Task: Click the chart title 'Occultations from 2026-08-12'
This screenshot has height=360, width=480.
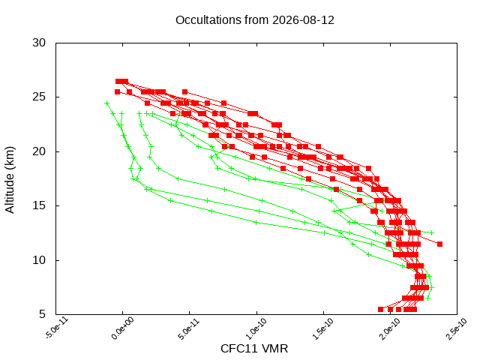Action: click(x=255, y=20)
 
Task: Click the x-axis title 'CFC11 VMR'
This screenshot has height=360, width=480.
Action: click(x=254, y=349)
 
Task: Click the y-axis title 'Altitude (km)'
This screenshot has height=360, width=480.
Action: click(x=10, y=180)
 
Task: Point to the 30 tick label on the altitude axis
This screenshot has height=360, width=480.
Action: click(x=39, y=43)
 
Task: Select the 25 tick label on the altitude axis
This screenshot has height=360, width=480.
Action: click(x=39, y=97)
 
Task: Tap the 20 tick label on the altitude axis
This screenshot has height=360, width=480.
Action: click(x=39, y=151)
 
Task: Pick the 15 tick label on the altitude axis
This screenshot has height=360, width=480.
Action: click(x=39, y=205)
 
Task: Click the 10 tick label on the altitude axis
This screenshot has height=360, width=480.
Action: click(x=39, y=260)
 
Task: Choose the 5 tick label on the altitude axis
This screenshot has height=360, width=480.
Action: click(x=42, y=314)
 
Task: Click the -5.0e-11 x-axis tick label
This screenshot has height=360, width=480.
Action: click(x=57, y=328)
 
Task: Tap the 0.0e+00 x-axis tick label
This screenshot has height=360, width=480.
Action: click(x=123, y=328)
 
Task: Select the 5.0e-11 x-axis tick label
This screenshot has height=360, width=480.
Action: click(x=189, y=328)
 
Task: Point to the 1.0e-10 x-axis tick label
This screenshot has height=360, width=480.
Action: click(x=256, y=328)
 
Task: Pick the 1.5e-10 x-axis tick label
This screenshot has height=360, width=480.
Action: click(x=323, y=328)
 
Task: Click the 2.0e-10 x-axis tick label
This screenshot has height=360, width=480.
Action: click(x=390, y=328)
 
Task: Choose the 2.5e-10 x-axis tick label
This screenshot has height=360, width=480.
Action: click(x=457, y=328)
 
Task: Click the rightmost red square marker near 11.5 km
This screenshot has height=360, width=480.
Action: click(x=440, y=244)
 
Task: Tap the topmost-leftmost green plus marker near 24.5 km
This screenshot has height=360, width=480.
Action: click(x=106, y=103)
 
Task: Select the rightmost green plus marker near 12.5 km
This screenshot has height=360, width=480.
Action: click(x=432, y=232)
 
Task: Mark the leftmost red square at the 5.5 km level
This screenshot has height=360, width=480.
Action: click(x=380, y=309)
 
